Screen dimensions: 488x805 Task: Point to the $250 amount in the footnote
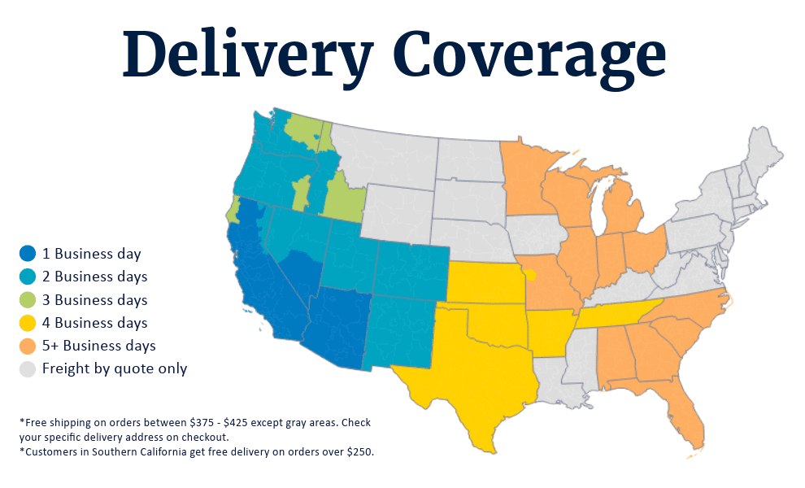(359, 451)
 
